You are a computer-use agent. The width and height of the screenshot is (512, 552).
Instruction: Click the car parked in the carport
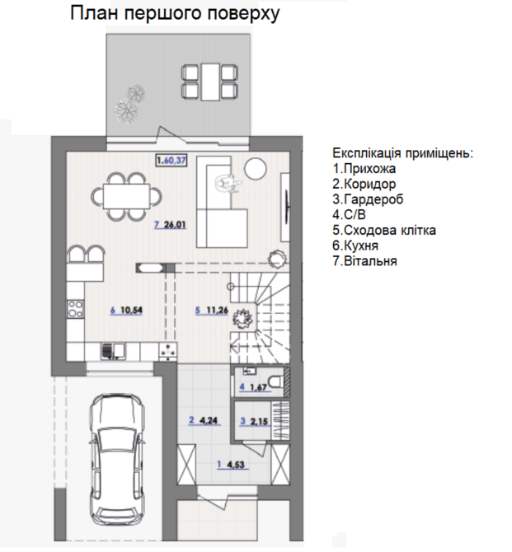(x=117, y=459)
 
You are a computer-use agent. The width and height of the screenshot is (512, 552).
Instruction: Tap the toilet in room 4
(x=276, y=382)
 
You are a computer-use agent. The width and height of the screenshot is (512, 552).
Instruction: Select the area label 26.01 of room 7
(x=175, y=225)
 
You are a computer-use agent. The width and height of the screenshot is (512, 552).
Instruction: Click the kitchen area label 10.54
(x=131, y=310)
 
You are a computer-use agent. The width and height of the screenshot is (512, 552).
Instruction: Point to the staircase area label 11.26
(x=217, y=310)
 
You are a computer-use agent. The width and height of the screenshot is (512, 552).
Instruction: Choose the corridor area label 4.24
(x=209, y=420)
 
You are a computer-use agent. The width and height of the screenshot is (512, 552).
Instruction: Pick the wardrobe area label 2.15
(x=259, y=421)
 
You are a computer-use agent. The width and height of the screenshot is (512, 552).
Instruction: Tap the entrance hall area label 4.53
(x=236, y=465)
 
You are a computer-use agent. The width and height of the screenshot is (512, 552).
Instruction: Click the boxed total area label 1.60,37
(x=171, y=161)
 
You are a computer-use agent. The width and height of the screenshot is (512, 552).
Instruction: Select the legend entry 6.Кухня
(x=355, y=246)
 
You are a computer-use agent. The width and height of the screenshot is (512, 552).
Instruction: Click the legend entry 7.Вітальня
(x=364, y=261)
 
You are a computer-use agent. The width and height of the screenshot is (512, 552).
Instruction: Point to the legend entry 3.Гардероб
(x=368, y=199)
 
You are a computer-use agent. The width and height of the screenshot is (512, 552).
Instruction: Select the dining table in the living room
(x=126, y=196)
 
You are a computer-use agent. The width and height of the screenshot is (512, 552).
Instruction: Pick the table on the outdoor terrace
(x=210, y=82)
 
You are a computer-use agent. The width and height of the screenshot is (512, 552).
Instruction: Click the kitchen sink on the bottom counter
(x=113, y=351)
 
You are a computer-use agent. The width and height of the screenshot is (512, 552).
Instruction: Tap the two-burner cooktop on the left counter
(x=76, y=309)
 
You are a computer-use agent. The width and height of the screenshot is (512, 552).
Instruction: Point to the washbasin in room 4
(x=250, y=371)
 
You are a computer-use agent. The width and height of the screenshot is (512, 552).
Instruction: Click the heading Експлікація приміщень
(x=403, y=153)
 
